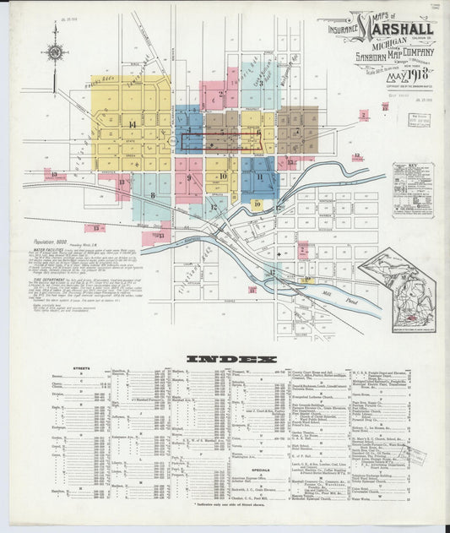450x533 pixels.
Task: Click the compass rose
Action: [56, 52]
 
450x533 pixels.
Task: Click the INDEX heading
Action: [225, 359]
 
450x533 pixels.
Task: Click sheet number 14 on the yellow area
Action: [132, 124]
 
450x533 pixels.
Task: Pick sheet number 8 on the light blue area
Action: [152, 195]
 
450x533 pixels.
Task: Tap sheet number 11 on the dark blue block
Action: [260, 177]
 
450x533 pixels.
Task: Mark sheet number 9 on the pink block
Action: [189, 177]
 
